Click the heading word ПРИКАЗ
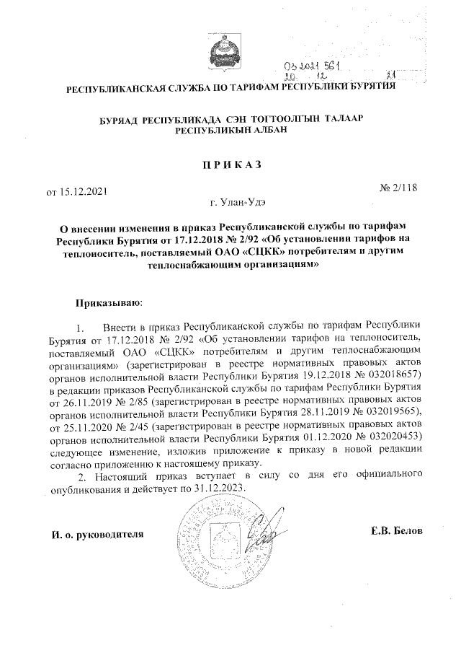(x=230, y=164)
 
